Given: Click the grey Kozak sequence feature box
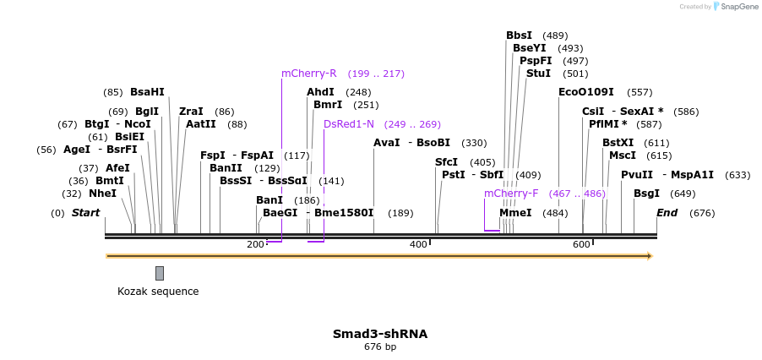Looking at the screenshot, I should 160,273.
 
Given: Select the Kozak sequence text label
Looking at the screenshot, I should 158,292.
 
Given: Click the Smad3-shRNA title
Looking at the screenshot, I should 380,334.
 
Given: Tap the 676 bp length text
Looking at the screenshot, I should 380,346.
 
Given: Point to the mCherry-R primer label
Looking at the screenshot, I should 309,74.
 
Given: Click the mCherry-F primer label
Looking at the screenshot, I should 511,194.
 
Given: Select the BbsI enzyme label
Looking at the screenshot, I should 520,35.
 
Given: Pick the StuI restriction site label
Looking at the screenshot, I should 539,74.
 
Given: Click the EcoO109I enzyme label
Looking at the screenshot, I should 586,92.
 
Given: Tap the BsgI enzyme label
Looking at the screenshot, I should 647,194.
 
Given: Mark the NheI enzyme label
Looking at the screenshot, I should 102,194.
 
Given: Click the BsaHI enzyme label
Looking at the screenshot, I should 147,92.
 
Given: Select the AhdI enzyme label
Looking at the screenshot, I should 320,92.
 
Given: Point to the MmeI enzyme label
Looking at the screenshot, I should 515,213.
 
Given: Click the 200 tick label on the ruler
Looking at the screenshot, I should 255,244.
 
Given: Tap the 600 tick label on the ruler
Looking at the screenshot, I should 581,244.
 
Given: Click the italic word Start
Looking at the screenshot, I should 85,213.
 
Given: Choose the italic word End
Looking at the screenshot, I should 667,213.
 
